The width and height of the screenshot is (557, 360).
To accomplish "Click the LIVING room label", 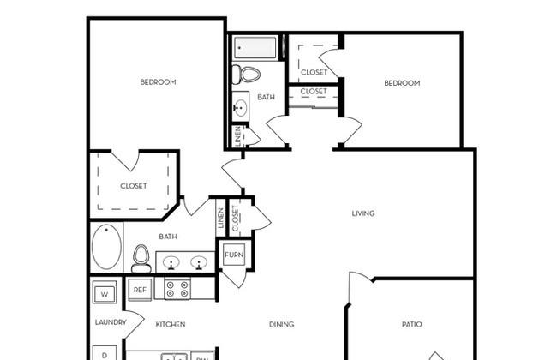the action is pyautogui.click(x=363, y=213).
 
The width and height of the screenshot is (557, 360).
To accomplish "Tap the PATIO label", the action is pyautogui.click(x=411, y=324).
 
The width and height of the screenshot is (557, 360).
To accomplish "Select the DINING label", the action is pyautogui.click(x=281, y=324).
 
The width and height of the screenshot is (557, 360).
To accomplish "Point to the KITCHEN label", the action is pyautogui.click(x=171, y=324).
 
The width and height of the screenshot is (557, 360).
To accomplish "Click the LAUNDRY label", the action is pyautogui.click(x=111, y=322).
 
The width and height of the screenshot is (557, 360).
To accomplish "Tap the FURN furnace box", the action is pyautogui.click(x=234, y=255).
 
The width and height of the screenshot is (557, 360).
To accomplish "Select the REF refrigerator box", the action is pyautogui.click(x=140, y=290).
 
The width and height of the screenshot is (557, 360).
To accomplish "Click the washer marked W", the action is pyautogui.click(x=105, y=293).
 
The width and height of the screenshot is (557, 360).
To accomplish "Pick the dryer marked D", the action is pyautogui.click(x=105, y=353).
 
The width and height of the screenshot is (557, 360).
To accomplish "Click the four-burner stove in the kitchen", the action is pyautogui.click(x=177, y=289).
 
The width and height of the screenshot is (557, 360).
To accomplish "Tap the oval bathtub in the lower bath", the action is pyautogui.click(x=106, y=247).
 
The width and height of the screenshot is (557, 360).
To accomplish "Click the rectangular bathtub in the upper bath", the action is pyautogui.click(x=255, y=47).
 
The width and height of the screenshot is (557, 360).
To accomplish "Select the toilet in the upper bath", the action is pyautogui.click(x=246, y=75).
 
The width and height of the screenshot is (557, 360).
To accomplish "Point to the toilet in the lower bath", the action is pyautogui.click(x=141, y=258).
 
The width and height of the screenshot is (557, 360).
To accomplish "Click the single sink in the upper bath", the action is pyautogui.click(x=241, y=106).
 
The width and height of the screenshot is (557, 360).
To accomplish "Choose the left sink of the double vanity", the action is pyautogui.click(x=171, y=263).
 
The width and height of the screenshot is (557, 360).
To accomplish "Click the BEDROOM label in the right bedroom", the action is pyautogui.click(x=402, y=83).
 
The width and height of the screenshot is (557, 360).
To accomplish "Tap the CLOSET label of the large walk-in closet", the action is pyautogui.click(x=134, y=186).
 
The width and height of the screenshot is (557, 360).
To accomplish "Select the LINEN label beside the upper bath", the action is pyautogui.click(x=237, y=136).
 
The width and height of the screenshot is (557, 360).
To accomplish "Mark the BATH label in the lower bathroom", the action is pyautogui.click(x=168, y=237).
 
